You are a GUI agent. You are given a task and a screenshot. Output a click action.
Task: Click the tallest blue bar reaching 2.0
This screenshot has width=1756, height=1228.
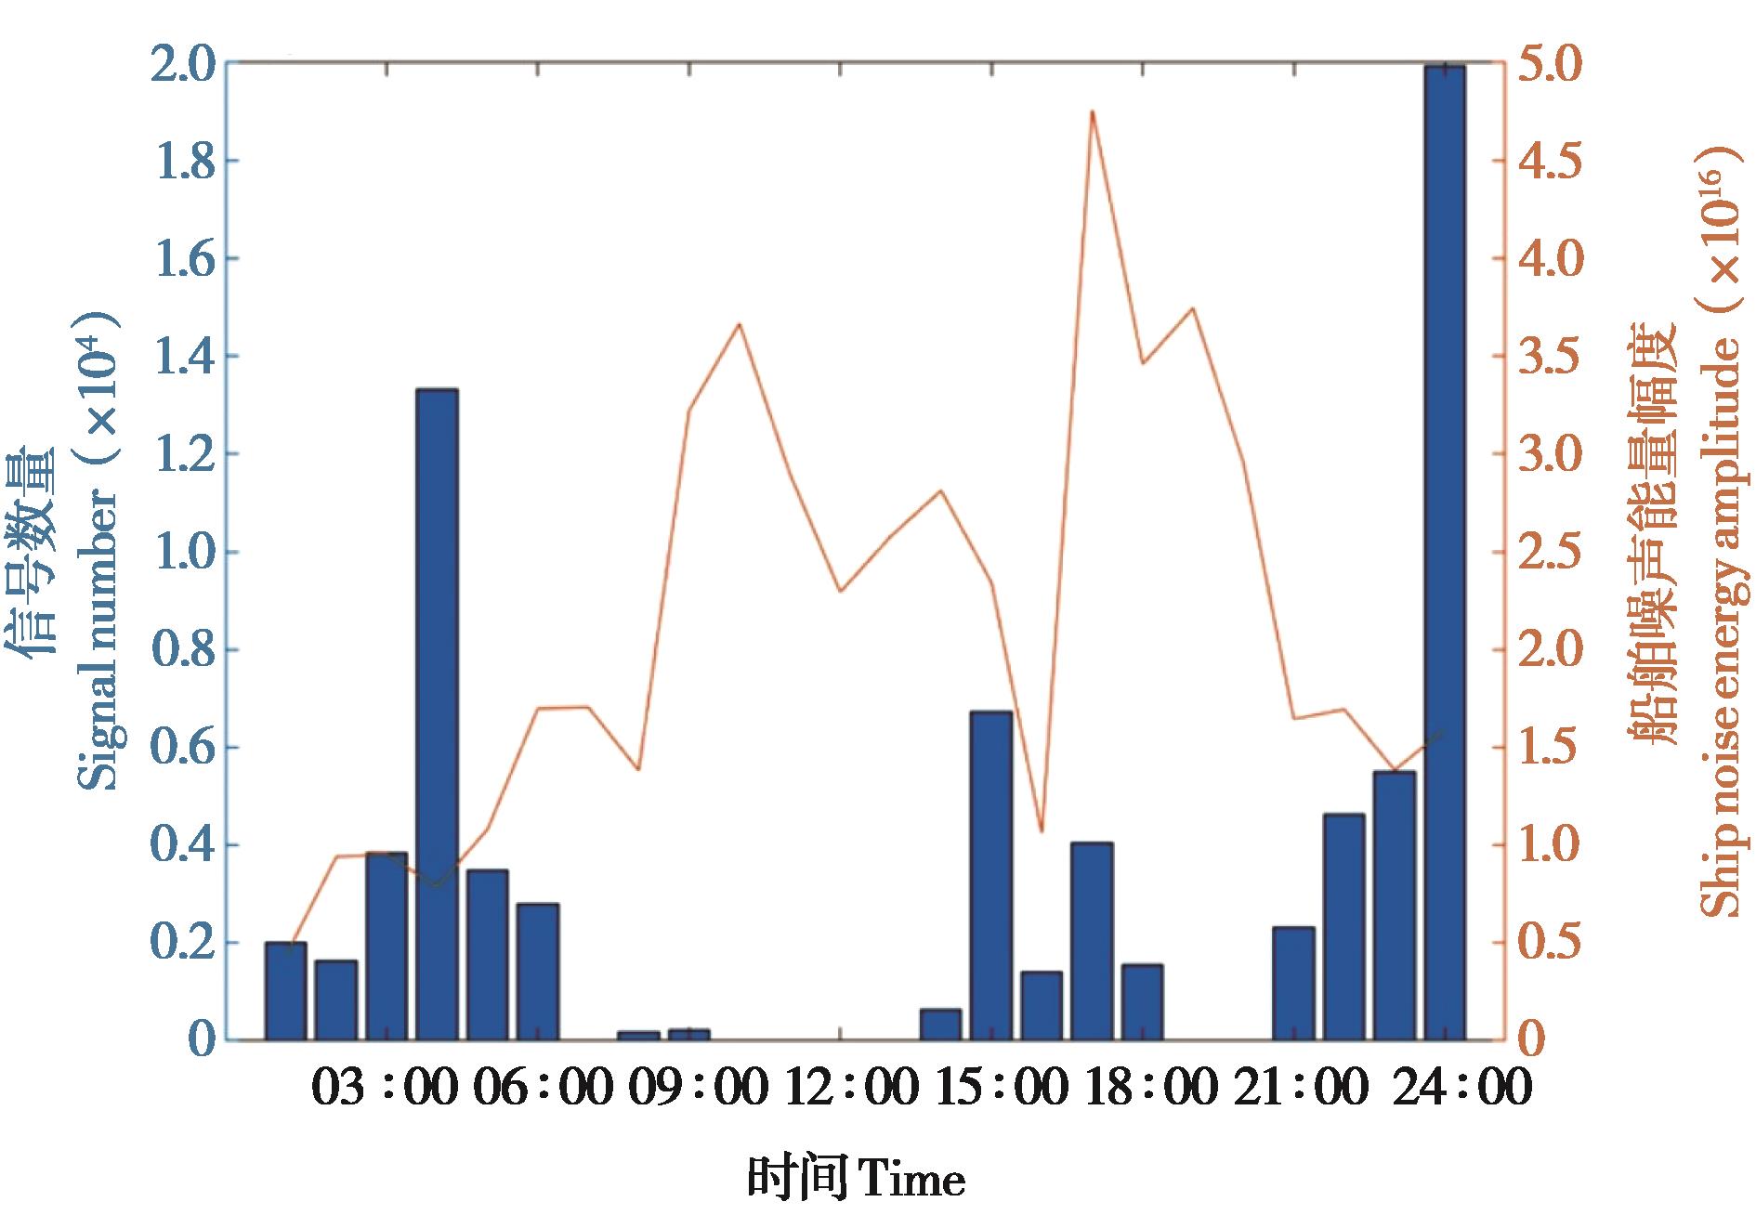[1444, 553]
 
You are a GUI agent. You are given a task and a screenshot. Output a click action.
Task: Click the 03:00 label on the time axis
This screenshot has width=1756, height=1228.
[385, 1087]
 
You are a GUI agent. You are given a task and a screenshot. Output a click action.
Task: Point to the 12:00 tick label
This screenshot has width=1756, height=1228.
[851, 1087]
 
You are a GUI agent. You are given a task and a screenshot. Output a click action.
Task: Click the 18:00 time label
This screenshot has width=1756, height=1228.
[1150, 1087]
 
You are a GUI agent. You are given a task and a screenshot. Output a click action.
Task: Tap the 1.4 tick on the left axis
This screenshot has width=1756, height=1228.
[185, 357]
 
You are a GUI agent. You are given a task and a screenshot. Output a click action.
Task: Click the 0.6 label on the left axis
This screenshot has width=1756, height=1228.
[185, 748]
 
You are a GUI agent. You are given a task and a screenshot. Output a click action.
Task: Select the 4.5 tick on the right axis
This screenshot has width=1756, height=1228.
[1551, 162]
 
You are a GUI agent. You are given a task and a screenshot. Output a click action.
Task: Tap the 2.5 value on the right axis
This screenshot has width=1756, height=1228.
[1551, 553]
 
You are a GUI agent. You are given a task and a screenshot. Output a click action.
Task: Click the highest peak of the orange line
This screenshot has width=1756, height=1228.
[1093, 112]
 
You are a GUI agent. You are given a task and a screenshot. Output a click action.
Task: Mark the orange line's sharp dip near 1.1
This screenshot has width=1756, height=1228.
[1042, 830]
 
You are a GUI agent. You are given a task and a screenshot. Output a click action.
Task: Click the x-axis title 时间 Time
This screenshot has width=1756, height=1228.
[856, 1181]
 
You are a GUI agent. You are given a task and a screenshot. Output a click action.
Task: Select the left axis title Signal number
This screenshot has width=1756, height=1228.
[97, 641]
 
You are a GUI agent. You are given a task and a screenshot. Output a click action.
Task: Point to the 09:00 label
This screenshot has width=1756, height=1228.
[699, 1087]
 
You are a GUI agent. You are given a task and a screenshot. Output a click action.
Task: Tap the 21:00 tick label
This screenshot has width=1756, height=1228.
[1301, 1087]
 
